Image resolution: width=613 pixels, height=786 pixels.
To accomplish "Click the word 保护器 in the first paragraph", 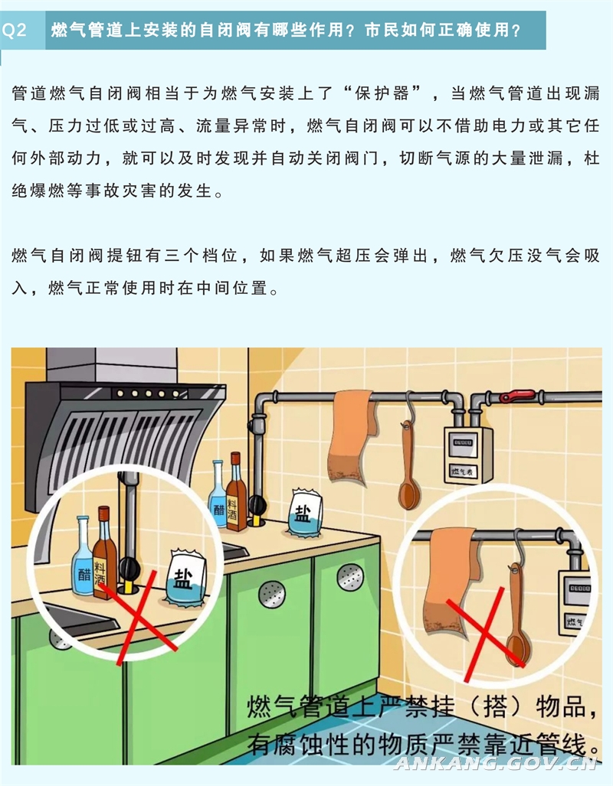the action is [382, 93].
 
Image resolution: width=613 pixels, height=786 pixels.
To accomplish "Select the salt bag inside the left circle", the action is [187, 577].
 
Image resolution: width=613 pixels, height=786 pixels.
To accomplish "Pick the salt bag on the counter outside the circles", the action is [305, 513].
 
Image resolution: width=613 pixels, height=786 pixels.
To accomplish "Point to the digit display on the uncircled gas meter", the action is [462, 442].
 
